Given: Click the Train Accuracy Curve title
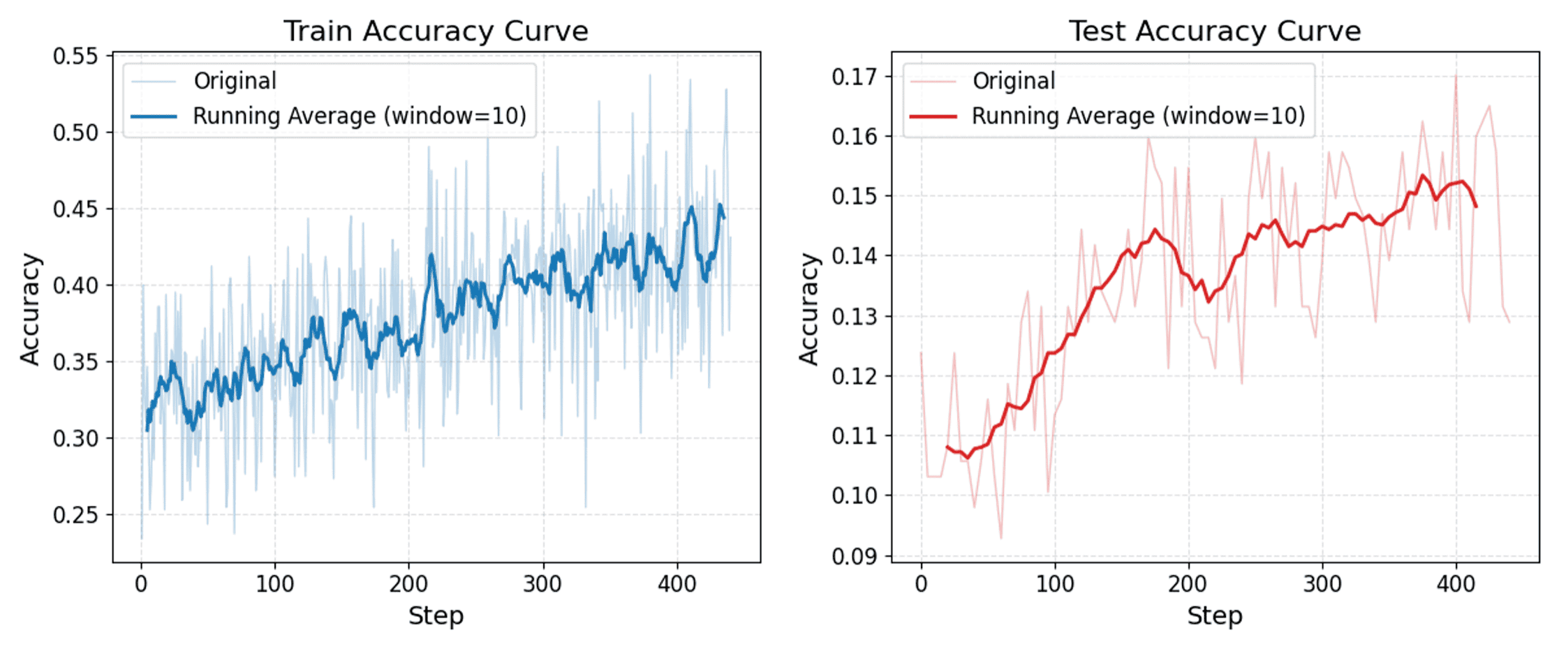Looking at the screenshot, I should [436, 31].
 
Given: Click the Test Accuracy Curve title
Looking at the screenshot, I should [1215, 31].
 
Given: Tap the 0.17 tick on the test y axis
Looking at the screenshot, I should [855, 76].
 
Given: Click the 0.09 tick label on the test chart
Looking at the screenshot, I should [855, 556].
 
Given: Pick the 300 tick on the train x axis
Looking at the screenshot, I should [542, 583].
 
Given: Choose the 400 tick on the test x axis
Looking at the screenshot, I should [1456, 583].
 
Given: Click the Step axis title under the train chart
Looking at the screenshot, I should [436, 616].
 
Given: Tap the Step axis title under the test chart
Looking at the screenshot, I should [1215, 616].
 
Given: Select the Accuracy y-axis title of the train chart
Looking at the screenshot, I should [29, 308].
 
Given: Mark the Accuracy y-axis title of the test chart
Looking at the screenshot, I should [808, 308].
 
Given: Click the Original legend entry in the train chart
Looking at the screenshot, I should [235, 81].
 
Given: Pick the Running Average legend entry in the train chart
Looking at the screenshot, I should [359, 116].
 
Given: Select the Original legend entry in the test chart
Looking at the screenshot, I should [1014, 81].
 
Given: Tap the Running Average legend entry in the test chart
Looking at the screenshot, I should [1138, 116].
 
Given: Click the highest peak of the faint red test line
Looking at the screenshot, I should [1456, 75].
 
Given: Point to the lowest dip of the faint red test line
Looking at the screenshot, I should [1001, 538].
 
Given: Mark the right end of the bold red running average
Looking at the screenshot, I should [1476, 207].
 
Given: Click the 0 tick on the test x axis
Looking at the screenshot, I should [921, 583].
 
